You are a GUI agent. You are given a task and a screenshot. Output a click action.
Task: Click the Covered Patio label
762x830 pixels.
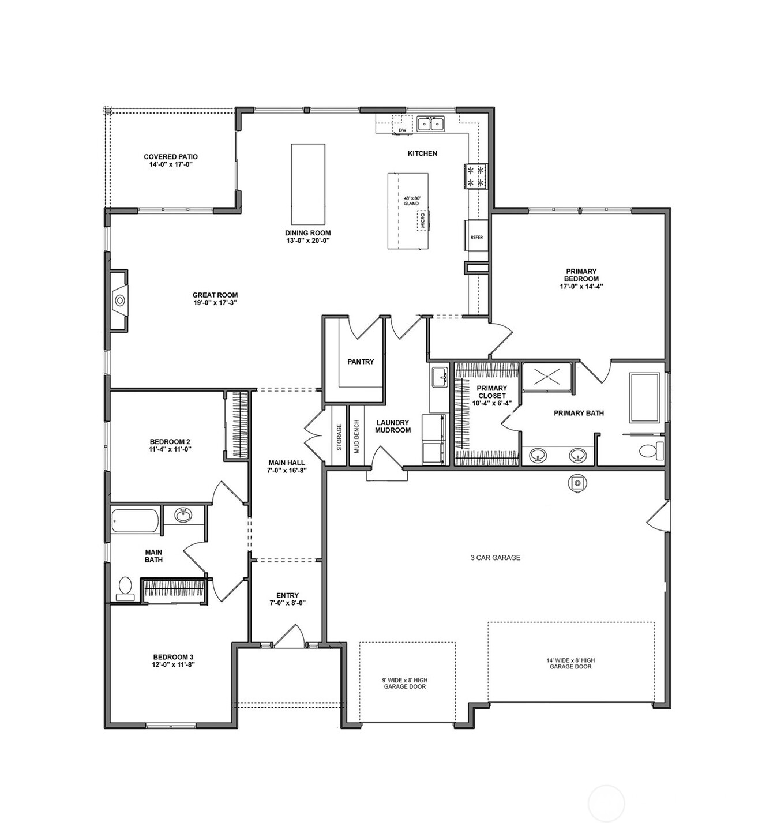(x=170, y=160)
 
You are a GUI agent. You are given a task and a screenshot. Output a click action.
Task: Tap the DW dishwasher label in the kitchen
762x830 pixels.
(x=402, y=130)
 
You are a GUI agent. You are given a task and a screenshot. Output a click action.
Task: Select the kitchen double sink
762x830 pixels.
(x=431, y=123)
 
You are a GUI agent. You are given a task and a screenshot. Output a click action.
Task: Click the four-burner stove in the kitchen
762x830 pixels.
(x=476, y=176)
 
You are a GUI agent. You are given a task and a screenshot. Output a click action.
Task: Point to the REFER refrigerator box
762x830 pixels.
(x=476, y=236)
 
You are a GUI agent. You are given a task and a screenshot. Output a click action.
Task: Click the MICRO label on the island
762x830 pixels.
(x=422, y=220)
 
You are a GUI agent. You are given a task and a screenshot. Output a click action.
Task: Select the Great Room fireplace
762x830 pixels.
(x=119, y=300)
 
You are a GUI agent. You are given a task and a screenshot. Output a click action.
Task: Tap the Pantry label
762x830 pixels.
(x=361, y=362)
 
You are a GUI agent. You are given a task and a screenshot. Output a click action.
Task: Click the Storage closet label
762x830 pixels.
(x=339, y=436)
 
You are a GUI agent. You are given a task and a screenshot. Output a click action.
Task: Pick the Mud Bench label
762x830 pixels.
(x=356, y=436)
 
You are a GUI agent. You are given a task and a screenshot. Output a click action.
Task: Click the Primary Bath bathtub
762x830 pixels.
(x=644, y=397)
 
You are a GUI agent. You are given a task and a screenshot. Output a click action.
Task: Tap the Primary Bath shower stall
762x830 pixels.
(x=547, y=377)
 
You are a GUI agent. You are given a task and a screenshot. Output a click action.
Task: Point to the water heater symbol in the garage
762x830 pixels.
(x=577, y=483)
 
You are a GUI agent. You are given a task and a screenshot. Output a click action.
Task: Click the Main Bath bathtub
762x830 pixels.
(x=136, y=520)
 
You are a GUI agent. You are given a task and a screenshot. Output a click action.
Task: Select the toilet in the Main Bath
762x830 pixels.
(x=125, y=588)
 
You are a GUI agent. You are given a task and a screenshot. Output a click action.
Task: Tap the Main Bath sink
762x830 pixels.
(x=183, y=514)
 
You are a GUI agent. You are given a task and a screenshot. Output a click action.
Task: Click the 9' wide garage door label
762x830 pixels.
(x=405, y=683)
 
